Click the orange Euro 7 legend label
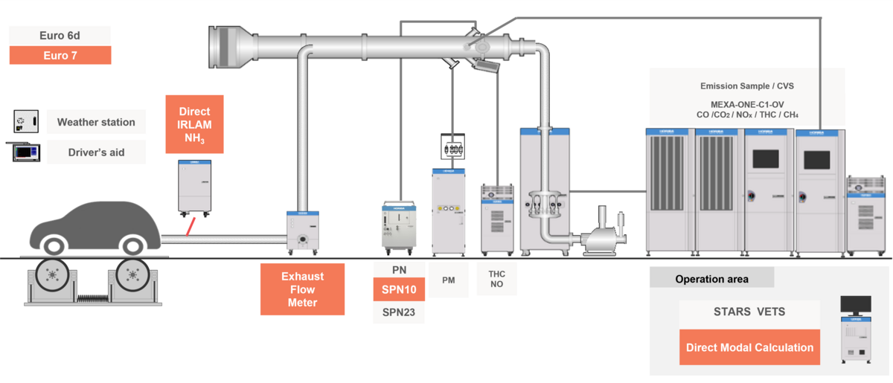60,55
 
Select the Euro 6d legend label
60,35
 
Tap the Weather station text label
96,122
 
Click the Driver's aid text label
96,152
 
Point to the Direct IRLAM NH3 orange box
194,124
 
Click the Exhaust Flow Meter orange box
302,289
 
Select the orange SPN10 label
399,289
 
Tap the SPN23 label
399,312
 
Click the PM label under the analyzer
448,280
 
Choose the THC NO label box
496,279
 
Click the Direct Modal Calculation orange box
749,347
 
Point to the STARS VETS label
749,311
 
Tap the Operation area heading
711,279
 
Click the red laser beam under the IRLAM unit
193,225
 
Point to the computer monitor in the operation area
855,303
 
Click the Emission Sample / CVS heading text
746,86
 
